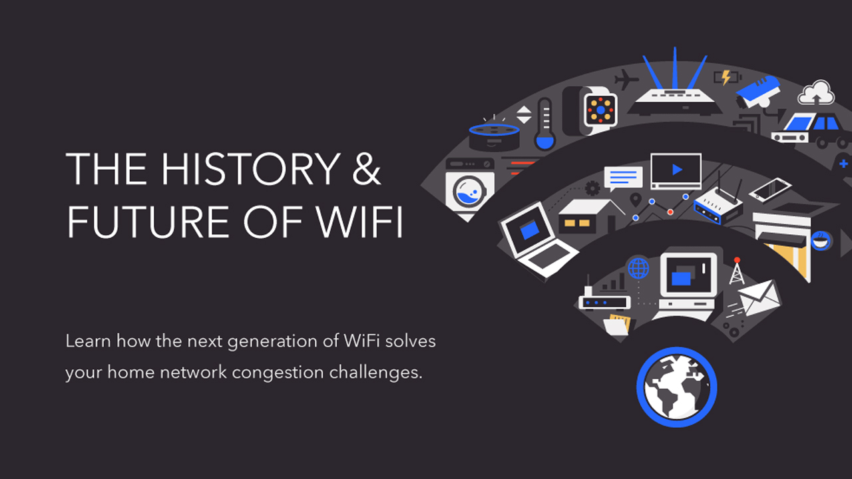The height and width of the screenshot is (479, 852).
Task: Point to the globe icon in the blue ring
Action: click(x=676, y=388)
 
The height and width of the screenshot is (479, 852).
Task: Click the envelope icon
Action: click(x=758, y=297)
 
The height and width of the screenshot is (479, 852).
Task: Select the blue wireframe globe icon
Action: click(x=638, y=268)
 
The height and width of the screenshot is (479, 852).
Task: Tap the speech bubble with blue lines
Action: click(x=623, y=178)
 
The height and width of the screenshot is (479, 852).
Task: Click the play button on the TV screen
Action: click(x=676, y=170)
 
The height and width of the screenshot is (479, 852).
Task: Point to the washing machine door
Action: click(x=469, y=192)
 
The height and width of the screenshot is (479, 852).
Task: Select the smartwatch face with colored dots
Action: click(x=600, y=109)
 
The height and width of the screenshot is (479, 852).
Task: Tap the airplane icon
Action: click(x=626, y=79)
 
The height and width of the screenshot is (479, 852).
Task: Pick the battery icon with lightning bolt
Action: click(x=726, y=77)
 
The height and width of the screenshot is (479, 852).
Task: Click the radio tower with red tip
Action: click(x=737, y=271)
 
